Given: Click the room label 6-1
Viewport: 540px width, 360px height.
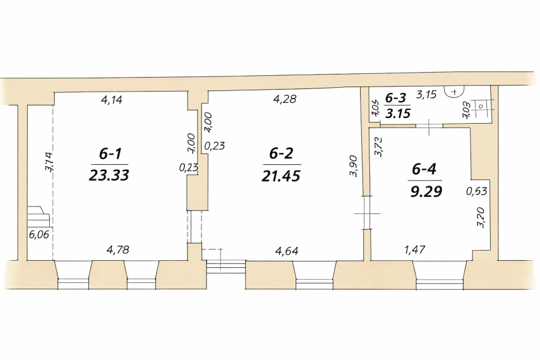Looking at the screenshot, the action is [x=110, y=154].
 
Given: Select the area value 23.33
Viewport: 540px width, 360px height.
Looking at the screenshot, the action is [x=109, y=176].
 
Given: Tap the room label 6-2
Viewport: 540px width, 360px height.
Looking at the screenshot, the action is [x=281, y=153].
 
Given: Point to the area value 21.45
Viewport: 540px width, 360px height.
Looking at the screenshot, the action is [x=281, y=176].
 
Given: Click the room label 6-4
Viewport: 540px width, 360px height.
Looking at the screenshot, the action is [x=424, y=169].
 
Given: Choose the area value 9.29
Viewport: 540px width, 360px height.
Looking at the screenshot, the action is [x=426, y=191].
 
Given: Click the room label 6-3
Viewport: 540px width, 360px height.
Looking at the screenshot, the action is [x=396, y=98].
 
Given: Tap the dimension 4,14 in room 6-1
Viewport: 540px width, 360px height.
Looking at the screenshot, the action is [x=112, y=100].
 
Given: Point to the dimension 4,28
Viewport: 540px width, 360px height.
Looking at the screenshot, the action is [x=284, y=99].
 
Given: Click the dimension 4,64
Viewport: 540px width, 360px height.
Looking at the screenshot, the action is [x=287, y=251].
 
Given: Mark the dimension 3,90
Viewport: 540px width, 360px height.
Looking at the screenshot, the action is [x=354, y=165].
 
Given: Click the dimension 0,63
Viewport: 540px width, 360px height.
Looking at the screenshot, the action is [x=477, y=191].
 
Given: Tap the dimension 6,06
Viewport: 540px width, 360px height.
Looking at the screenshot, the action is [x=39, y=235].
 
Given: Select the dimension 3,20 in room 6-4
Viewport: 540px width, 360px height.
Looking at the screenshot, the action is [x=481, y=217].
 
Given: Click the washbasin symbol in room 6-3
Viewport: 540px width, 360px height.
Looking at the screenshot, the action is [x=455, y=92].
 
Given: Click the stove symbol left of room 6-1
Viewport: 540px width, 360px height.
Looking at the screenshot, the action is [x=39, y=216].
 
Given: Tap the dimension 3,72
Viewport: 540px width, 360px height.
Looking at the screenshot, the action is [x=378, y=147].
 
